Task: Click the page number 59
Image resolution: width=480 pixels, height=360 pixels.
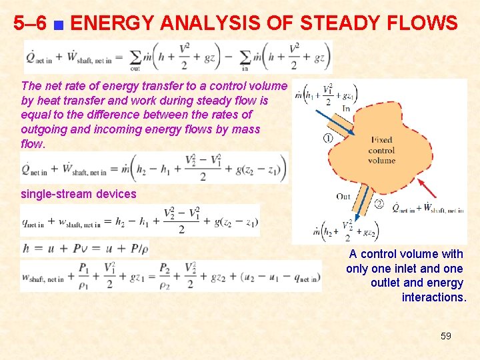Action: click(x=445, y=336)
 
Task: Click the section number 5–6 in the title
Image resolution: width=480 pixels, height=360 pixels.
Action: click(x=31, y=24)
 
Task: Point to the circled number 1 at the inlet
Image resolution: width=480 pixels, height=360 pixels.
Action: click(x=327, y=139)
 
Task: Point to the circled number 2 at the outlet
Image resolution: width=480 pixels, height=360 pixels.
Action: click(x=379, y=204)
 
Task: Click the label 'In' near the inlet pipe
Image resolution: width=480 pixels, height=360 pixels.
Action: click(x=346, y=109)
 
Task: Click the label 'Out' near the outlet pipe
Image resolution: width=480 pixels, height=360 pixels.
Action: click(x=343, y=196)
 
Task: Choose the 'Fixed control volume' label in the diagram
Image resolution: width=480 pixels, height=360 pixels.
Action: click(x=381, y=150)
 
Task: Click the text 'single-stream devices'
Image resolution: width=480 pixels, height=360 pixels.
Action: click(x=79, y=194)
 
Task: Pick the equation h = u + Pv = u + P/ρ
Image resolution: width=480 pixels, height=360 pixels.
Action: click(x=85, y=248)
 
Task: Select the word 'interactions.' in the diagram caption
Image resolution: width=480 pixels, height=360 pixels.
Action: click(x=433, y=297)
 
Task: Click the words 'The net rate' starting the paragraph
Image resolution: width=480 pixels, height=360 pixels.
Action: click(x=51, y=86)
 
